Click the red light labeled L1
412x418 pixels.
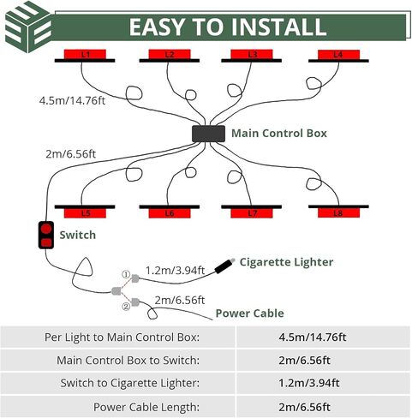point(85,54)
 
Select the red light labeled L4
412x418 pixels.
point(338,54)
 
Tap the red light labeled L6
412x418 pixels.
point(170,213)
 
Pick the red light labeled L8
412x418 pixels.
point(338,213)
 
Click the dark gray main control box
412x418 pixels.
point(208,134)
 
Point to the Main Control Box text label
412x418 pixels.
point(279,134)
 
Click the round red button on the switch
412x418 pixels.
point(46,229)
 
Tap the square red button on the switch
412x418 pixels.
point(46,243)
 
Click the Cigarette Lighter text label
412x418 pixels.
point(286,262)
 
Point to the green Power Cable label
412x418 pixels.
point(249,313)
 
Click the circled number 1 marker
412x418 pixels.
point(126,275)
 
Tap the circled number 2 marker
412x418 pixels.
point(126,307)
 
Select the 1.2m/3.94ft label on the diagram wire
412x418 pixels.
point(175,270)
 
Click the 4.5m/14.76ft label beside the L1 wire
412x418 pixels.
point(72,100)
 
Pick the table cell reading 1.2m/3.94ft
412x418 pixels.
point(309,383)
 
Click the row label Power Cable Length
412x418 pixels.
point(146,407)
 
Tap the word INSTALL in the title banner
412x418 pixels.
point(278,27)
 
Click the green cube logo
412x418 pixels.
point(29,27)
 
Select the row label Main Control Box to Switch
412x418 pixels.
point(128,360)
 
